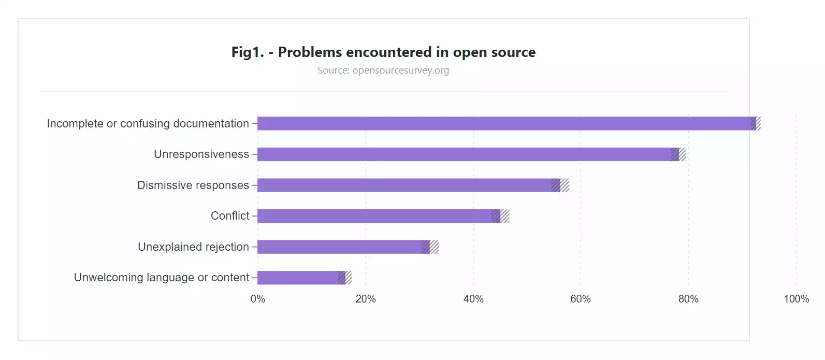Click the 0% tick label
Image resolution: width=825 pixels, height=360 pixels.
pos(257,299)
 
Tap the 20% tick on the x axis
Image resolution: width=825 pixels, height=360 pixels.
pos(365,299)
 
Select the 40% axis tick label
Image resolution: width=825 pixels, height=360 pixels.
pos(473,299)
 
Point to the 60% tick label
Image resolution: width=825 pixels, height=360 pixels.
pos(580,299)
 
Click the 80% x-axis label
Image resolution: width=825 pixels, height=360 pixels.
pos(688,299)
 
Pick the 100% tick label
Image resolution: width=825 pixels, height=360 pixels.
pos(795,299)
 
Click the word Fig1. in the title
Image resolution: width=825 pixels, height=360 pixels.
pos(247,52)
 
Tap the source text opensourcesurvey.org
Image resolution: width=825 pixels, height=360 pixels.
pos(400,70)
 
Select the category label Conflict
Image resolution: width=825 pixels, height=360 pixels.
pos(230,216)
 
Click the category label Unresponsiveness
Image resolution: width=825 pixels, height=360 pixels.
pos(201,154)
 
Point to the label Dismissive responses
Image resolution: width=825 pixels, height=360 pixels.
pos(193,185)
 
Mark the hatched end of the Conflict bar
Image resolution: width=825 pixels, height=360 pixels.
pos(500,216)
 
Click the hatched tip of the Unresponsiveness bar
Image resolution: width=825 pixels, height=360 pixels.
pos(678,154)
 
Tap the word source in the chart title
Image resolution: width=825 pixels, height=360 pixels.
pos(513,52)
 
